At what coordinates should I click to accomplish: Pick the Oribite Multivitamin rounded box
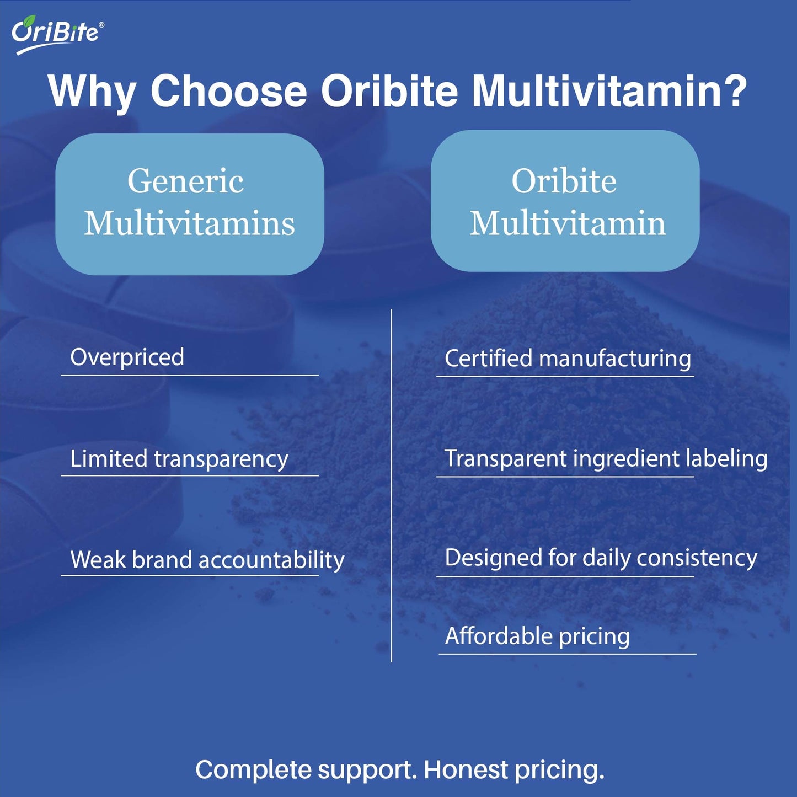(x=565, y=201)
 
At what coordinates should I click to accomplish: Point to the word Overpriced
(x=127, y=357)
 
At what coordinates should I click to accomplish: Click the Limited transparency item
(x=179, y=459)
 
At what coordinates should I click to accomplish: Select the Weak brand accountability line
(x=207, y=560)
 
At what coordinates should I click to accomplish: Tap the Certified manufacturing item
(x=568, y=359)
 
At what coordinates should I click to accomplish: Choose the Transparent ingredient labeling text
(x=606, y=459)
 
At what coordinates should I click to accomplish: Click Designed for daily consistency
(x=601, y=558)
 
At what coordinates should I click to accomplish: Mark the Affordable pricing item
(x=537, y=636)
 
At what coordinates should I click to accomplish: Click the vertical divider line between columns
(x=392, y=485)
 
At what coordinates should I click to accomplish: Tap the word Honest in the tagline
(x=466, y=770)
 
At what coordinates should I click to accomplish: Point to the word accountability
(x=271, y=560)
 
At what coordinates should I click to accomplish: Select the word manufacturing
(x=615, y=359)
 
